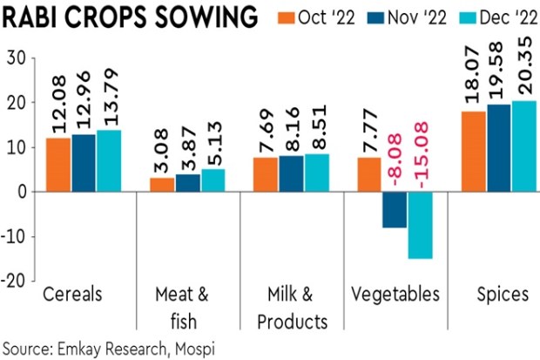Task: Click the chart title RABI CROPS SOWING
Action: tap(129, 18)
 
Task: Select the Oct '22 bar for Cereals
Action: tap(57, 165)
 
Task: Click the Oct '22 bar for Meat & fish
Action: tap(162, 185)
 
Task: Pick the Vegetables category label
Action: tap(395, 294)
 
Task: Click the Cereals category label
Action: tap(72, 294)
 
